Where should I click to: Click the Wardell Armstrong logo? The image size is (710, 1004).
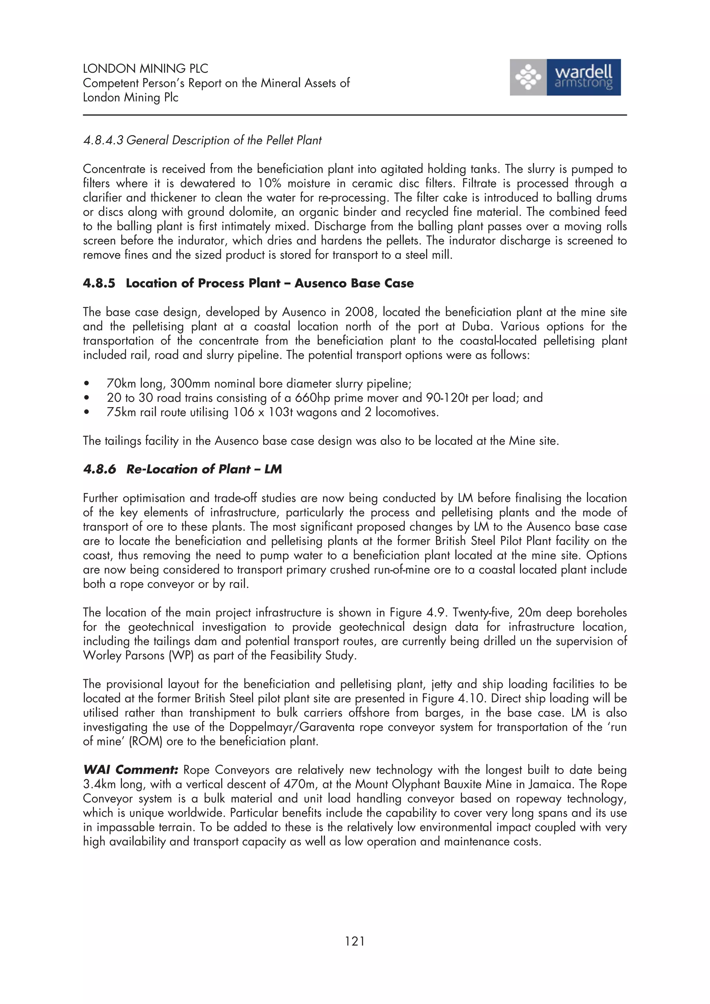(565, 77)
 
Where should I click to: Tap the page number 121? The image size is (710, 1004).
(354, 941)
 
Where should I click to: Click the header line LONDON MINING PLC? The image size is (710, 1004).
(145, 69)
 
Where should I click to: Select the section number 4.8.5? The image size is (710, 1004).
(99, 283)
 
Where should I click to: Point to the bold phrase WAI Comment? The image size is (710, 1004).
(130, 769)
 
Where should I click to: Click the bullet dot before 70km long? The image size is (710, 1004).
(87, 384)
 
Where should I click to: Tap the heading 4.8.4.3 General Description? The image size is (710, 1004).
(202, 140)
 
